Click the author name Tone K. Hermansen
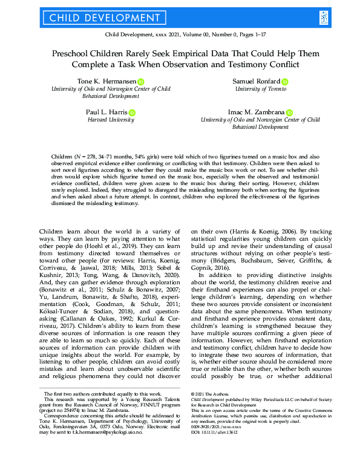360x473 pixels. click(x=107, y=81)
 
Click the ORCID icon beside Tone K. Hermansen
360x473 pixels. click(x=141, y=81)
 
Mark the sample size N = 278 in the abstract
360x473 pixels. click(x=71, y=157)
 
